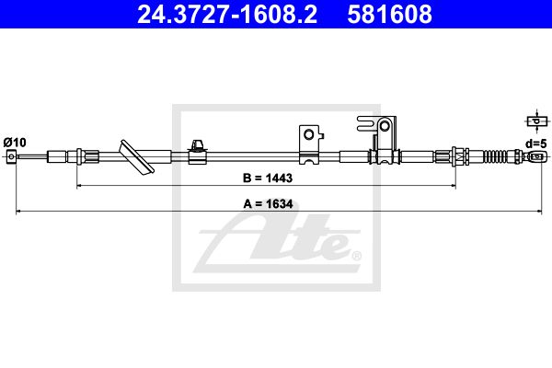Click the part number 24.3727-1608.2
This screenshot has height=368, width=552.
(227, 15)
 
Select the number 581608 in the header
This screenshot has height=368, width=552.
(389, 15)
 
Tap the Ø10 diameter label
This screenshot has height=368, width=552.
(15, 143)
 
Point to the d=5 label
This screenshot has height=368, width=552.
(536, 144)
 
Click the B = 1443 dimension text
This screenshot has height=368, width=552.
(268, 178)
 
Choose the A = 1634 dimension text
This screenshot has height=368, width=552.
(268, 204)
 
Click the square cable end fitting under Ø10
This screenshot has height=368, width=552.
(11, 156)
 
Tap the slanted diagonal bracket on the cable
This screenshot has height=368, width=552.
(136, 157)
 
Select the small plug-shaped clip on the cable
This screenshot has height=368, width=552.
(197, 152)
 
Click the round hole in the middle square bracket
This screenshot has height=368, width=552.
(309, 134)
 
